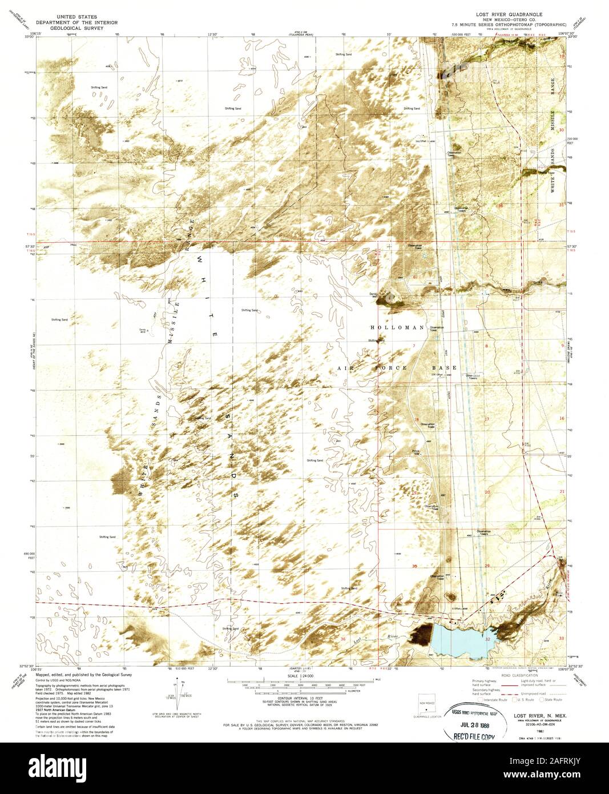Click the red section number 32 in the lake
pyautogui.click(x=487, y=640)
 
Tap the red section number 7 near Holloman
pyautogui.click(x=415, y=346)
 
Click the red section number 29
pyautogui.click(x=487, y=565)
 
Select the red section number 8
pyautogui.click(x=487, y=346)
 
